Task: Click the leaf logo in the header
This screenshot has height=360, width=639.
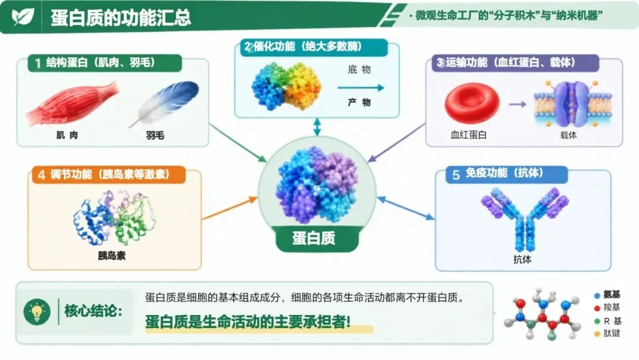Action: pos(23,17)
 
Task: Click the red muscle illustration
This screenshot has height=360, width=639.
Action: pos(73,104)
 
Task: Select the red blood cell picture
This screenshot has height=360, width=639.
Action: pos(472,103)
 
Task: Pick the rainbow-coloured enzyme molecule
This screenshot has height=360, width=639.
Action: pos(286,86)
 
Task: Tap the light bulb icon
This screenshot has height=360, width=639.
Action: pos(37,312)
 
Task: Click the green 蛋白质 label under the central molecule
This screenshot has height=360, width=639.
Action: pos(314,238)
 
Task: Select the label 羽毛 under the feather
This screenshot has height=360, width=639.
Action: pos(155,136)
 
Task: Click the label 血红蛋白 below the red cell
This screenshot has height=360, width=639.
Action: pos(468,135)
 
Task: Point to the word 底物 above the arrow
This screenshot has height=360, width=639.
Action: pos(359,70)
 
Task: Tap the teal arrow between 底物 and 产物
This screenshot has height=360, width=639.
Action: pos(361,87)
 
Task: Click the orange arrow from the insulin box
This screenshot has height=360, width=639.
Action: pos(230,208)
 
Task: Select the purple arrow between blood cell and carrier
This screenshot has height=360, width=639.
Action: pos(518,104)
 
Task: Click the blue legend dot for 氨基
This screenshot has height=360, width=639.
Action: pos(597,295)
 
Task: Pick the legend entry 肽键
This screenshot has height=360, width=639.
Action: pos(607,333)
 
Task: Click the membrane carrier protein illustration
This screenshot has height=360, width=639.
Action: pos(573,104)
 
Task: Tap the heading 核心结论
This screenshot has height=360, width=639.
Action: pos(93,311)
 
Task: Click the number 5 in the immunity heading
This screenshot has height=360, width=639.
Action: pos(456,175)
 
